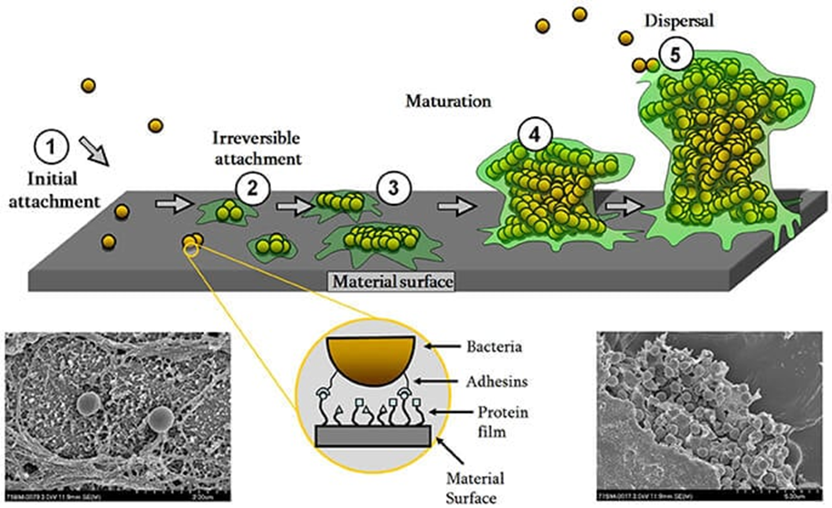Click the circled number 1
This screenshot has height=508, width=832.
(x=51, y=144)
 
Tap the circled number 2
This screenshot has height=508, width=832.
(x=253, y=189)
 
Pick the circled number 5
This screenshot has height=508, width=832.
(x=675, y=55)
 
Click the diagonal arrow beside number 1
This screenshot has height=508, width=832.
(x=94, y=148)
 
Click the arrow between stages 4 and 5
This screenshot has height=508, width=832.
(x=624, y=206)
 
